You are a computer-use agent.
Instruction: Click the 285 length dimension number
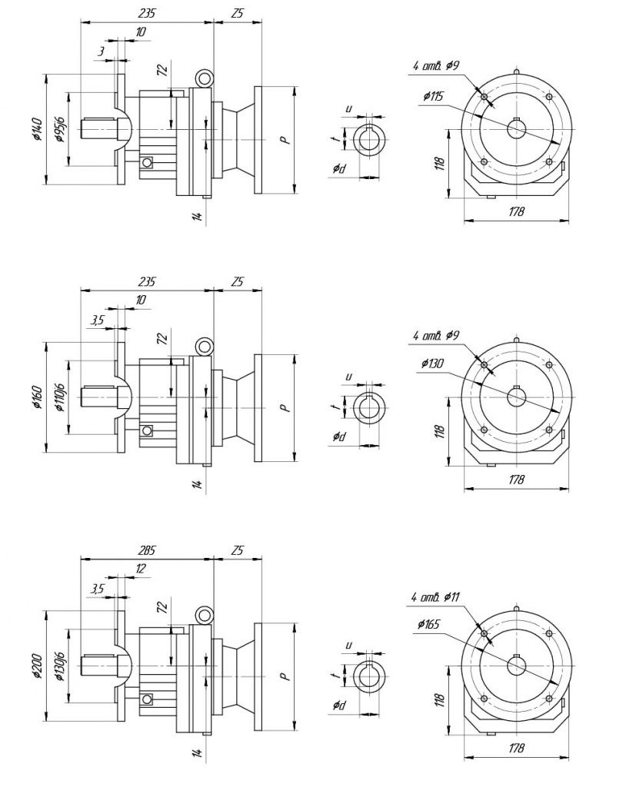[x=146, y=550]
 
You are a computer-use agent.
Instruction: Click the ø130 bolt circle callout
[x=435, y=364]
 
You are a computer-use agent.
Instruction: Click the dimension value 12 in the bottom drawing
[x=140, y=569]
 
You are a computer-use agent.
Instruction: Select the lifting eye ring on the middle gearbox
[x=204, y=347]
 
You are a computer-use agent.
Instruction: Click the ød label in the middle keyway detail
[x=339, y=437]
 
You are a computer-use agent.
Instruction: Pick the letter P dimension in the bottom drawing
[x=283, y=677]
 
